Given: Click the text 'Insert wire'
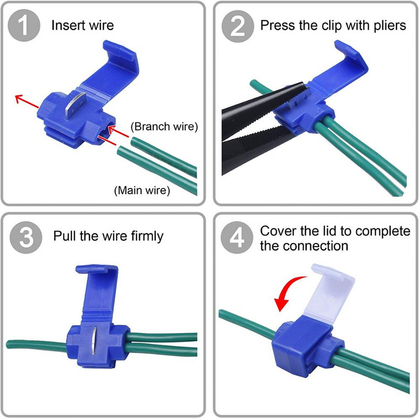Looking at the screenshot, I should tap(82, 25).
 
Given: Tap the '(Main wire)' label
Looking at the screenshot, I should tap(142, 190).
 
